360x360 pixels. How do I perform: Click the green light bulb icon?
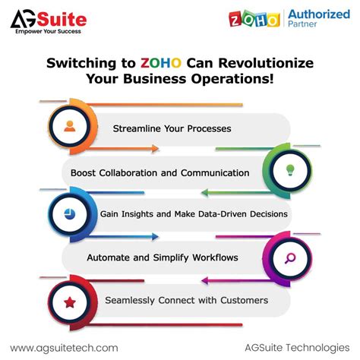289,170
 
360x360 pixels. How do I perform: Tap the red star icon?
69,302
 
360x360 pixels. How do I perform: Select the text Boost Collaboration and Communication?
159,172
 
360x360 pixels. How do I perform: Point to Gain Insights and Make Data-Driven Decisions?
194,214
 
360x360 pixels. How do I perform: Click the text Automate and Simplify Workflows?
163,257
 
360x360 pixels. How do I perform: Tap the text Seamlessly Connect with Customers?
186,300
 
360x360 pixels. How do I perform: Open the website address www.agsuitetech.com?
64,347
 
